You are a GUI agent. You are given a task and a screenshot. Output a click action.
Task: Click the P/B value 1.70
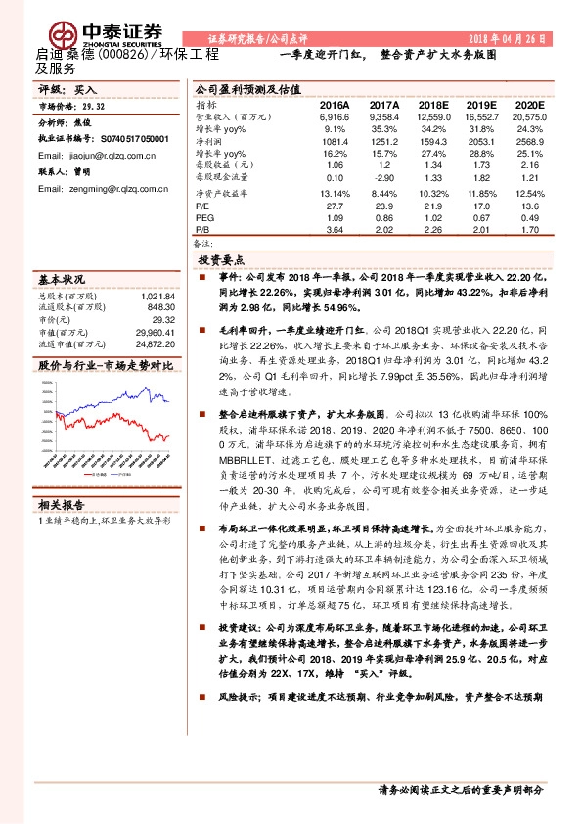click(529, 230)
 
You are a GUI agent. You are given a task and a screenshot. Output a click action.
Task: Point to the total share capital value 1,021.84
click(157, 296)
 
